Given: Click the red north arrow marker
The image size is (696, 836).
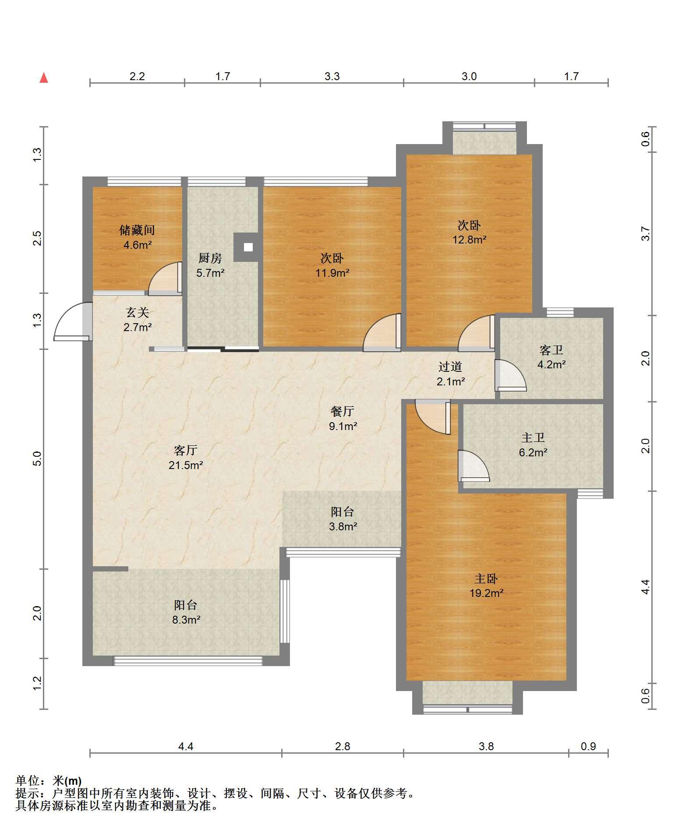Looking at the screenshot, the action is [x=44, y=78].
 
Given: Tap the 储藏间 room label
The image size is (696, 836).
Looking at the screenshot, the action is [x=137, y=230].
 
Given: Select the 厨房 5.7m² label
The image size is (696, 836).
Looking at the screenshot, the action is [x=210, y=265].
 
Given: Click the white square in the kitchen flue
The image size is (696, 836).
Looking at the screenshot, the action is [x=248, y=247].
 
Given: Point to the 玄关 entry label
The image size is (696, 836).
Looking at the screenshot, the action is [x=138, y=312].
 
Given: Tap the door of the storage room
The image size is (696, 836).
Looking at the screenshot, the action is [x=166, y=279].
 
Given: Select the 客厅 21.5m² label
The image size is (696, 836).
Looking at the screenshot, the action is [x=186, y=457].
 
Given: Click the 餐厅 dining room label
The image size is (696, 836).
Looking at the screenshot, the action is [x=343, y=411].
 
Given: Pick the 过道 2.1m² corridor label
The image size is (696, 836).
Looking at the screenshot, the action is [x=451, y=374].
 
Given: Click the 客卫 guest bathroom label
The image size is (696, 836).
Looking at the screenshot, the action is [x=551, y=350].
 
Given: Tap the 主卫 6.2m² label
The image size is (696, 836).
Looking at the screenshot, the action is [x=533, y=444].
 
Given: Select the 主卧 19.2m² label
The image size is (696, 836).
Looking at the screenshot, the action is [x=486, y=586].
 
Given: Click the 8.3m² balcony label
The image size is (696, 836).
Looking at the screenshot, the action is [x=186, y=620].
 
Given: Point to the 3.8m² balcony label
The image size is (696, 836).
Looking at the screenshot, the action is [x=343, y=526].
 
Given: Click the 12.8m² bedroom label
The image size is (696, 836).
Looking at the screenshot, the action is [x=470, y=240].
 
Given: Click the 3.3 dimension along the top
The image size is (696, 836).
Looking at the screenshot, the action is [x=332, y=77].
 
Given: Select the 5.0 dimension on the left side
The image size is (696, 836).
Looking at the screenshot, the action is [x=38, y=459].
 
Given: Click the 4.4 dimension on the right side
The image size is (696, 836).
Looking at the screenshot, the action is [x=645, y=586].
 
